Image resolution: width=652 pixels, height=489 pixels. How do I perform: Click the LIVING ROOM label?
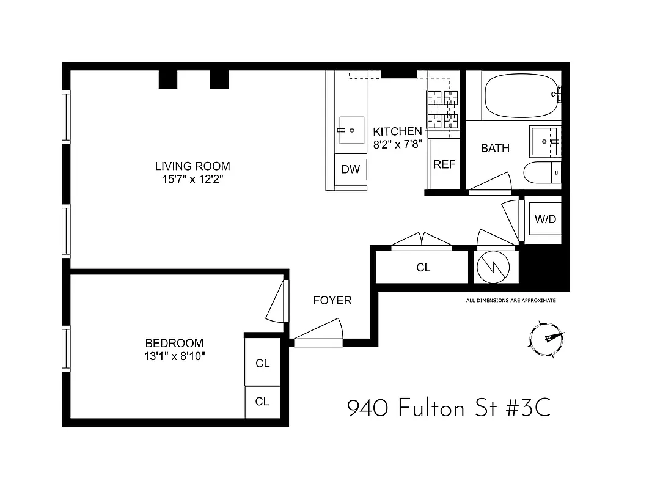[192, 166]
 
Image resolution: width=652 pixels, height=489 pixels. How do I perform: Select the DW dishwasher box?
[351, 170]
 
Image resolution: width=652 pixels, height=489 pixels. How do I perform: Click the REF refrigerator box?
[444, 164]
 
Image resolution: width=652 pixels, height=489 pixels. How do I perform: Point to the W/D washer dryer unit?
[545, 219]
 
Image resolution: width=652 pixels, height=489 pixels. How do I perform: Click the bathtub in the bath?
[521, 97]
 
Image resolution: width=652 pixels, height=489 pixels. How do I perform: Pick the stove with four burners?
[442, 108]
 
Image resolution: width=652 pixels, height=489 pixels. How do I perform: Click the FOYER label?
[332, 300]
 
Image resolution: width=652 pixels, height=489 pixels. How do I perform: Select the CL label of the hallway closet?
[423, 267]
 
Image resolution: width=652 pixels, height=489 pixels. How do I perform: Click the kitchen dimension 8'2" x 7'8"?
[397, 145]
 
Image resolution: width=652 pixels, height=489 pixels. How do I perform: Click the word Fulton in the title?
[431, 408]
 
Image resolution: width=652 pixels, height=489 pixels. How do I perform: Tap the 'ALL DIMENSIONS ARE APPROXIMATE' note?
[511, 300]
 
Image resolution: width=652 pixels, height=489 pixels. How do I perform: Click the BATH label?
[495, 148]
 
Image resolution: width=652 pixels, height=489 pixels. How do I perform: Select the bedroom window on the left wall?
[66, 349]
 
